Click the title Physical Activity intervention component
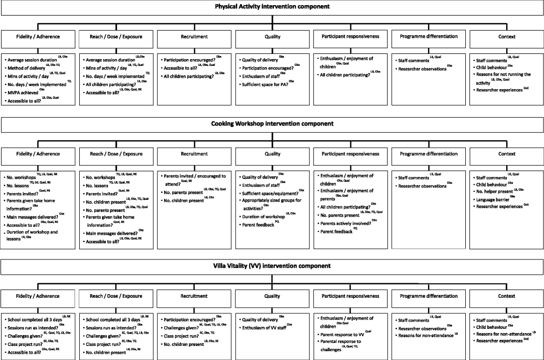pos(272,6)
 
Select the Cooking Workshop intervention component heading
pos(272,123)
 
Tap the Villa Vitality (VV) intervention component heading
pos(272,266)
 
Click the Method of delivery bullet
pos(27,68)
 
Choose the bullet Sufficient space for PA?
pos(265,84)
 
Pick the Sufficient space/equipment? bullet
pos(270,193)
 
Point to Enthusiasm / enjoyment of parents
pos(345,195)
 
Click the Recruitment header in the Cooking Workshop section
pos(194,154)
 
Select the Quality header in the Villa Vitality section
pos(272,296)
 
